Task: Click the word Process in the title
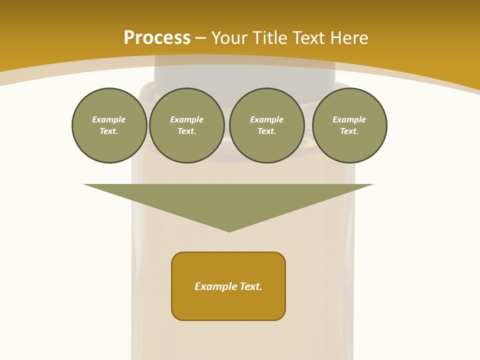coord(157,37)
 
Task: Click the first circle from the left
coord(109,125)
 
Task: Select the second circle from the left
coord(187,125)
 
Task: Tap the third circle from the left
coord(267,125)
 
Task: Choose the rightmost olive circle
coord(349,125)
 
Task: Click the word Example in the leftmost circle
coord(109,119)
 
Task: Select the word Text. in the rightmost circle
coord(349,131)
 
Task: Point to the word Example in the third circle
coord(267,119)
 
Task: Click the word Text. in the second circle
coord(187,131)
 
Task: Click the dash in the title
coord(201,38)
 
